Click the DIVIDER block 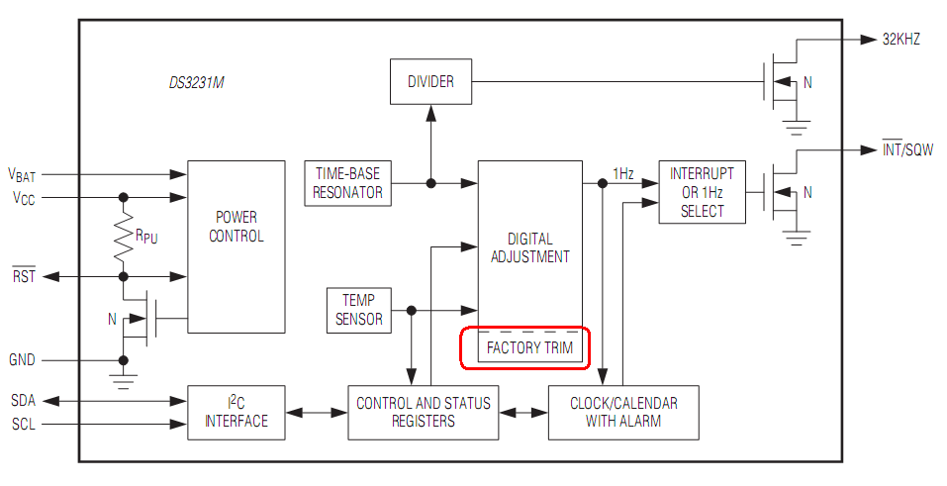[430, 82]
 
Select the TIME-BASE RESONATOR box [347, 183]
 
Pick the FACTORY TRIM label [528, 348]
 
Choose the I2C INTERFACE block [236, 412]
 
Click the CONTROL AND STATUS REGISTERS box [423, 412]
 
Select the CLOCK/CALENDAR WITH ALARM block [624, 412]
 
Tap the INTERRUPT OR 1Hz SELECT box [702, 193]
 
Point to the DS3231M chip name [196, 83]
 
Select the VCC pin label [23, 198]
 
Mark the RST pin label [24, 276]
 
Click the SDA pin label [24, 400]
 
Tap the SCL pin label [24, 425]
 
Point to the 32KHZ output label [900, 41]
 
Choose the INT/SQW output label [906, 150]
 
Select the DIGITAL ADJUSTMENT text [529, 247]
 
